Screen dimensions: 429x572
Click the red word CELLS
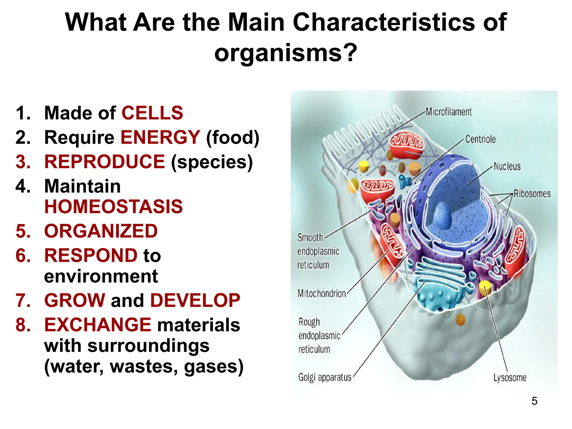pos(152,113)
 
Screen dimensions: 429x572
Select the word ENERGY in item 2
pos(160,137)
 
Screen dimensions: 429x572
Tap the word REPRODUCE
pos(104,162)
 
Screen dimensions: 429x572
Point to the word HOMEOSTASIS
pos(113,207)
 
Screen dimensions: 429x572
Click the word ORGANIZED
pos(101,231)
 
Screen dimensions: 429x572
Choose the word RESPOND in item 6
pos(91,256)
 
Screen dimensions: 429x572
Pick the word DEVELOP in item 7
pos(195,301)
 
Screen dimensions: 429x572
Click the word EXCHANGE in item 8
pos(97,325)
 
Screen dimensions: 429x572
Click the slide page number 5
pos(534,401)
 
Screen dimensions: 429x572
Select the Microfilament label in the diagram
pos(449,112)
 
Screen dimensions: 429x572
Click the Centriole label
pos(480,139)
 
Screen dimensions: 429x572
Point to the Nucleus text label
pos(507,166)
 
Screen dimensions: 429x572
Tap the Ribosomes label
pos(532,194)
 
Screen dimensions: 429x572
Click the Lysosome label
pos(510,378)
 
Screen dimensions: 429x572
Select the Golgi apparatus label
pos(325,378)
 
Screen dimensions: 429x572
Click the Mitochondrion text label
pos(321,294)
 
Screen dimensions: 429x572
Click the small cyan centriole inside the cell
pos(404,182)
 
